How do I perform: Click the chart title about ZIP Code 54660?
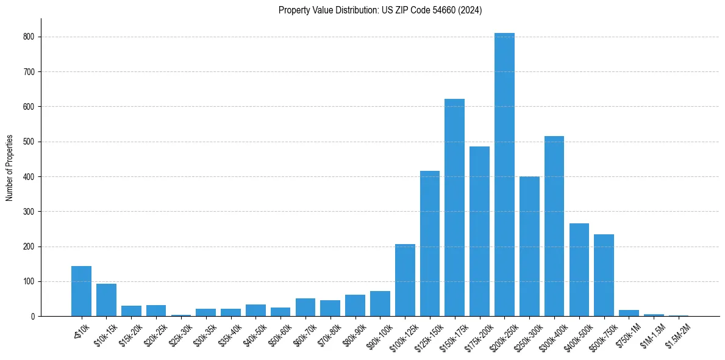[380, 10]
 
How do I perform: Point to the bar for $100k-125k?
[405, 280]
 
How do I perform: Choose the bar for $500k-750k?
[604, 275]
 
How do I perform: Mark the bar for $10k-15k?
[106, 300]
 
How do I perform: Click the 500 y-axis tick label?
[30, 142]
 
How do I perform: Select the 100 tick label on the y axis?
[30, 281]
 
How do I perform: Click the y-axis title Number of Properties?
[10, 167]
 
